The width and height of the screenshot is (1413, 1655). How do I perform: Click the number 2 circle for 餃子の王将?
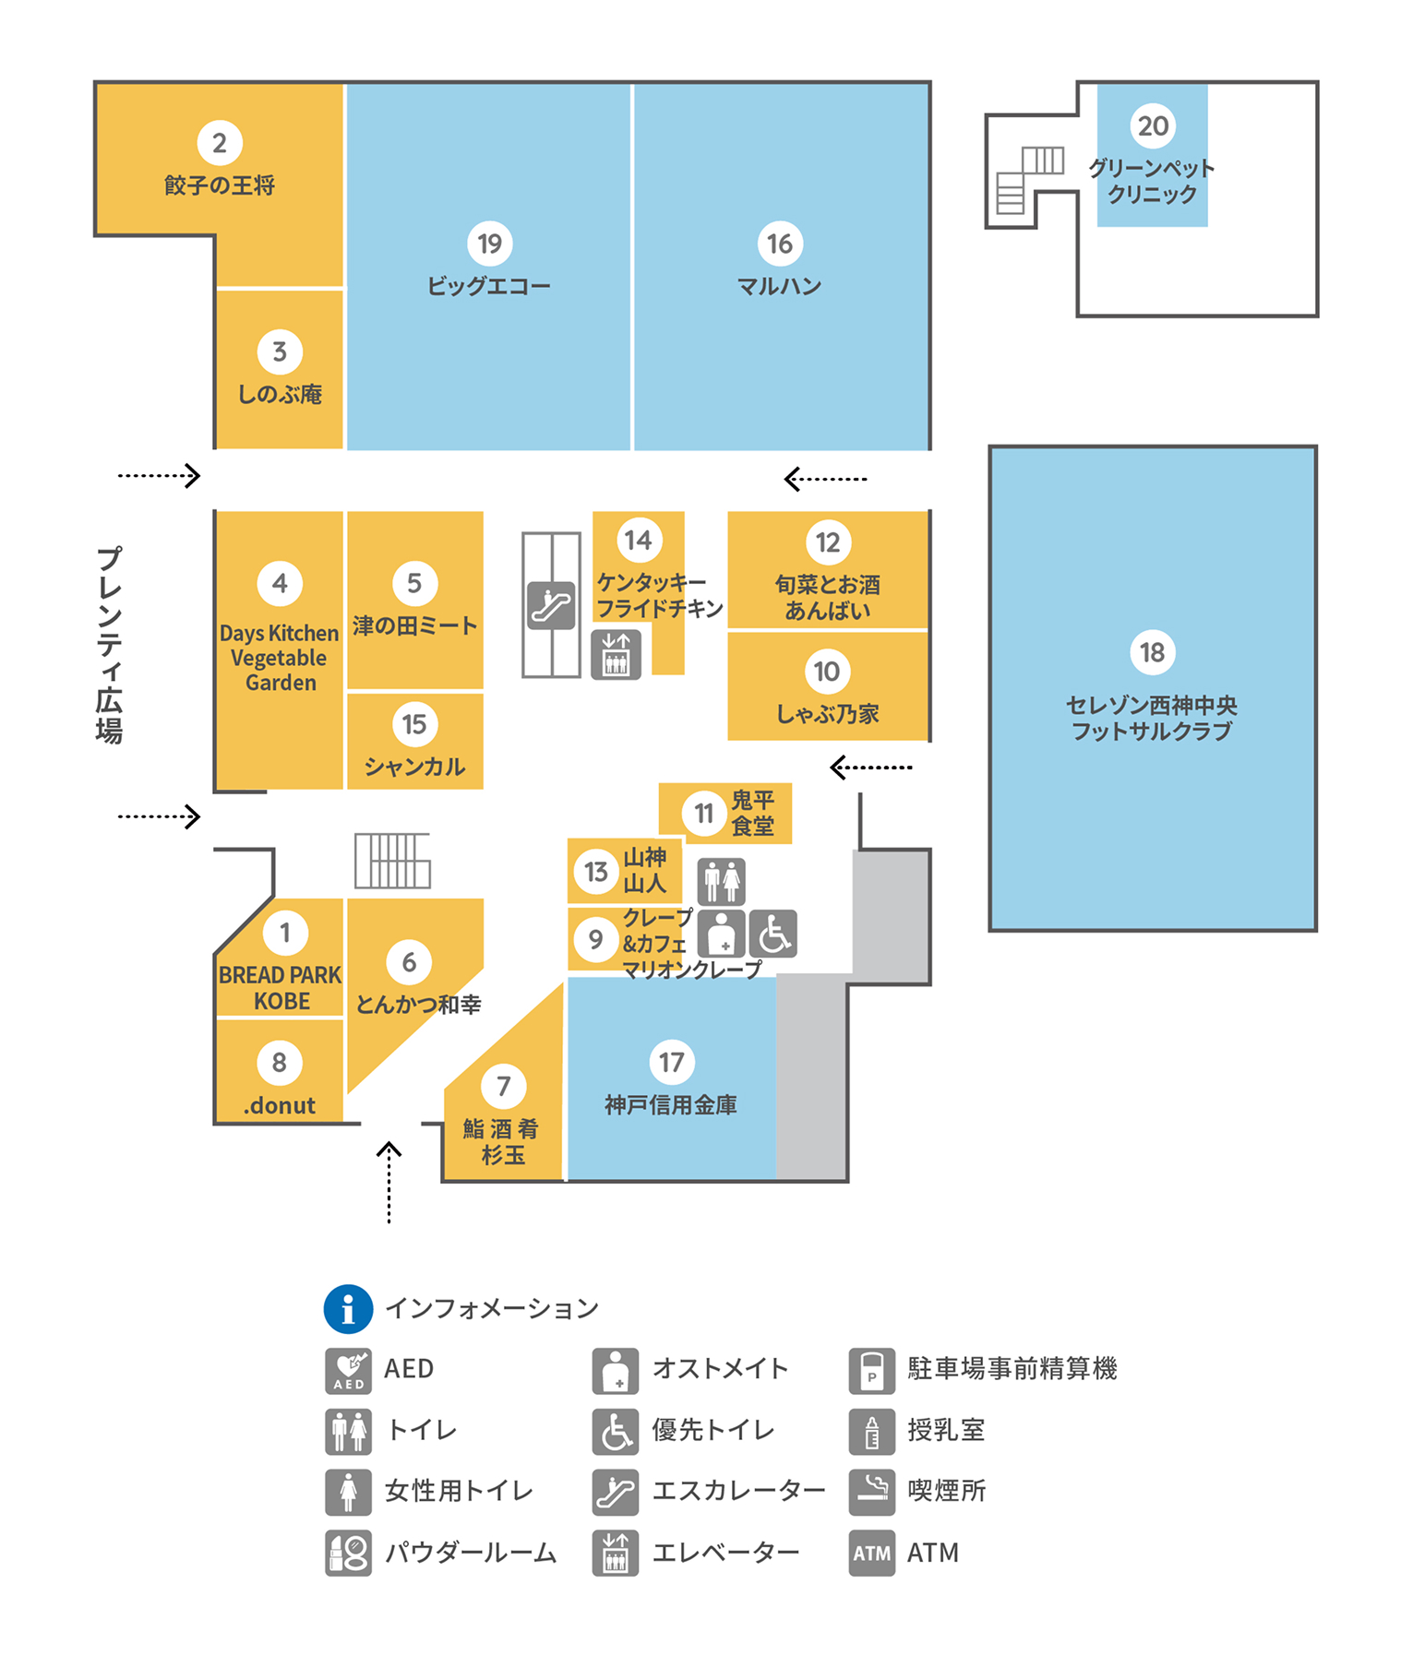220,143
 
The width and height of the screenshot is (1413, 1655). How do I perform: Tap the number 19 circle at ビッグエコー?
489,244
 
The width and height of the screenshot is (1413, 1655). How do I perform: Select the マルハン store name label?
779,286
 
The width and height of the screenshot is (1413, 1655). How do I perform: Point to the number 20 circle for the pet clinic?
1153,125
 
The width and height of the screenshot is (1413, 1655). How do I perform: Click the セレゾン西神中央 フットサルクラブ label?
1152,718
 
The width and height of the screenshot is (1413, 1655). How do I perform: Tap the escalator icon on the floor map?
551,605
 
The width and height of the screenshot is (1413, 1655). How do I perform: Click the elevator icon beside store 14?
616,654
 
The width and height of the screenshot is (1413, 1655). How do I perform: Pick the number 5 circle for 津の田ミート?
414,583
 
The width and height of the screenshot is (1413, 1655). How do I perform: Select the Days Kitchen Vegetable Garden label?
280,658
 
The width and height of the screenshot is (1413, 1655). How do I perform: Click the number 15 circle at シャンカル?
414,724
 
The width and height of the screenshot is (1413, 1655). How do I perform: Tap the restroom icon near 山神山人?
721,882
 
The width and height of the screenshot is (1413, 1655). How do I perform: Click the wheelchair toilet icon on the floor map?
772,934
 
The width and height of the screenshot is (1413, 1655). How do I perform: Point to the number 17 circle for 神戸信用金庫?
671,1062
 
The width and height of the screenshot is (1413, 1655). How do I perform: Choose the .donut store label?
280,1105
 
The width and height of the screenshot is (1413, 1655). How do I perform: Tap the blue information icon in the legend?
348,1308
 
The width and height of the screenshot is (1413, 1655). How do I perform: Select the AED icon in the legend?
348,1370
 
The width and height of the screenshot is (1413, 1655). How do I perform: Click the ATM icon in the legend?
871,1553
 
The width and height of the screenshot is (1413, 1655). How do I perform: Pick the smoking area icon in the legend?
871,1491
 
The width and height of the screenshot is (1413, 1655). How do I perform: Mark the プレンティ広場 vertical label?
109,645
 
